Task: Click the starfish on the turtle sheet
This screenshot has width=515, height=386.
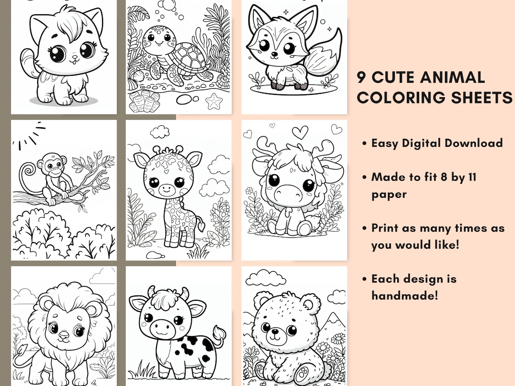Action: point(216,101)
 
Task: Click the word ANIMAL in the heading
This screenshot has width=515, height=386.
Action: point(448,77)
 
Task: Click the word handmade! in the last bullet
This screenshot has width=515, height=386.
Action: point(404,295)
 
